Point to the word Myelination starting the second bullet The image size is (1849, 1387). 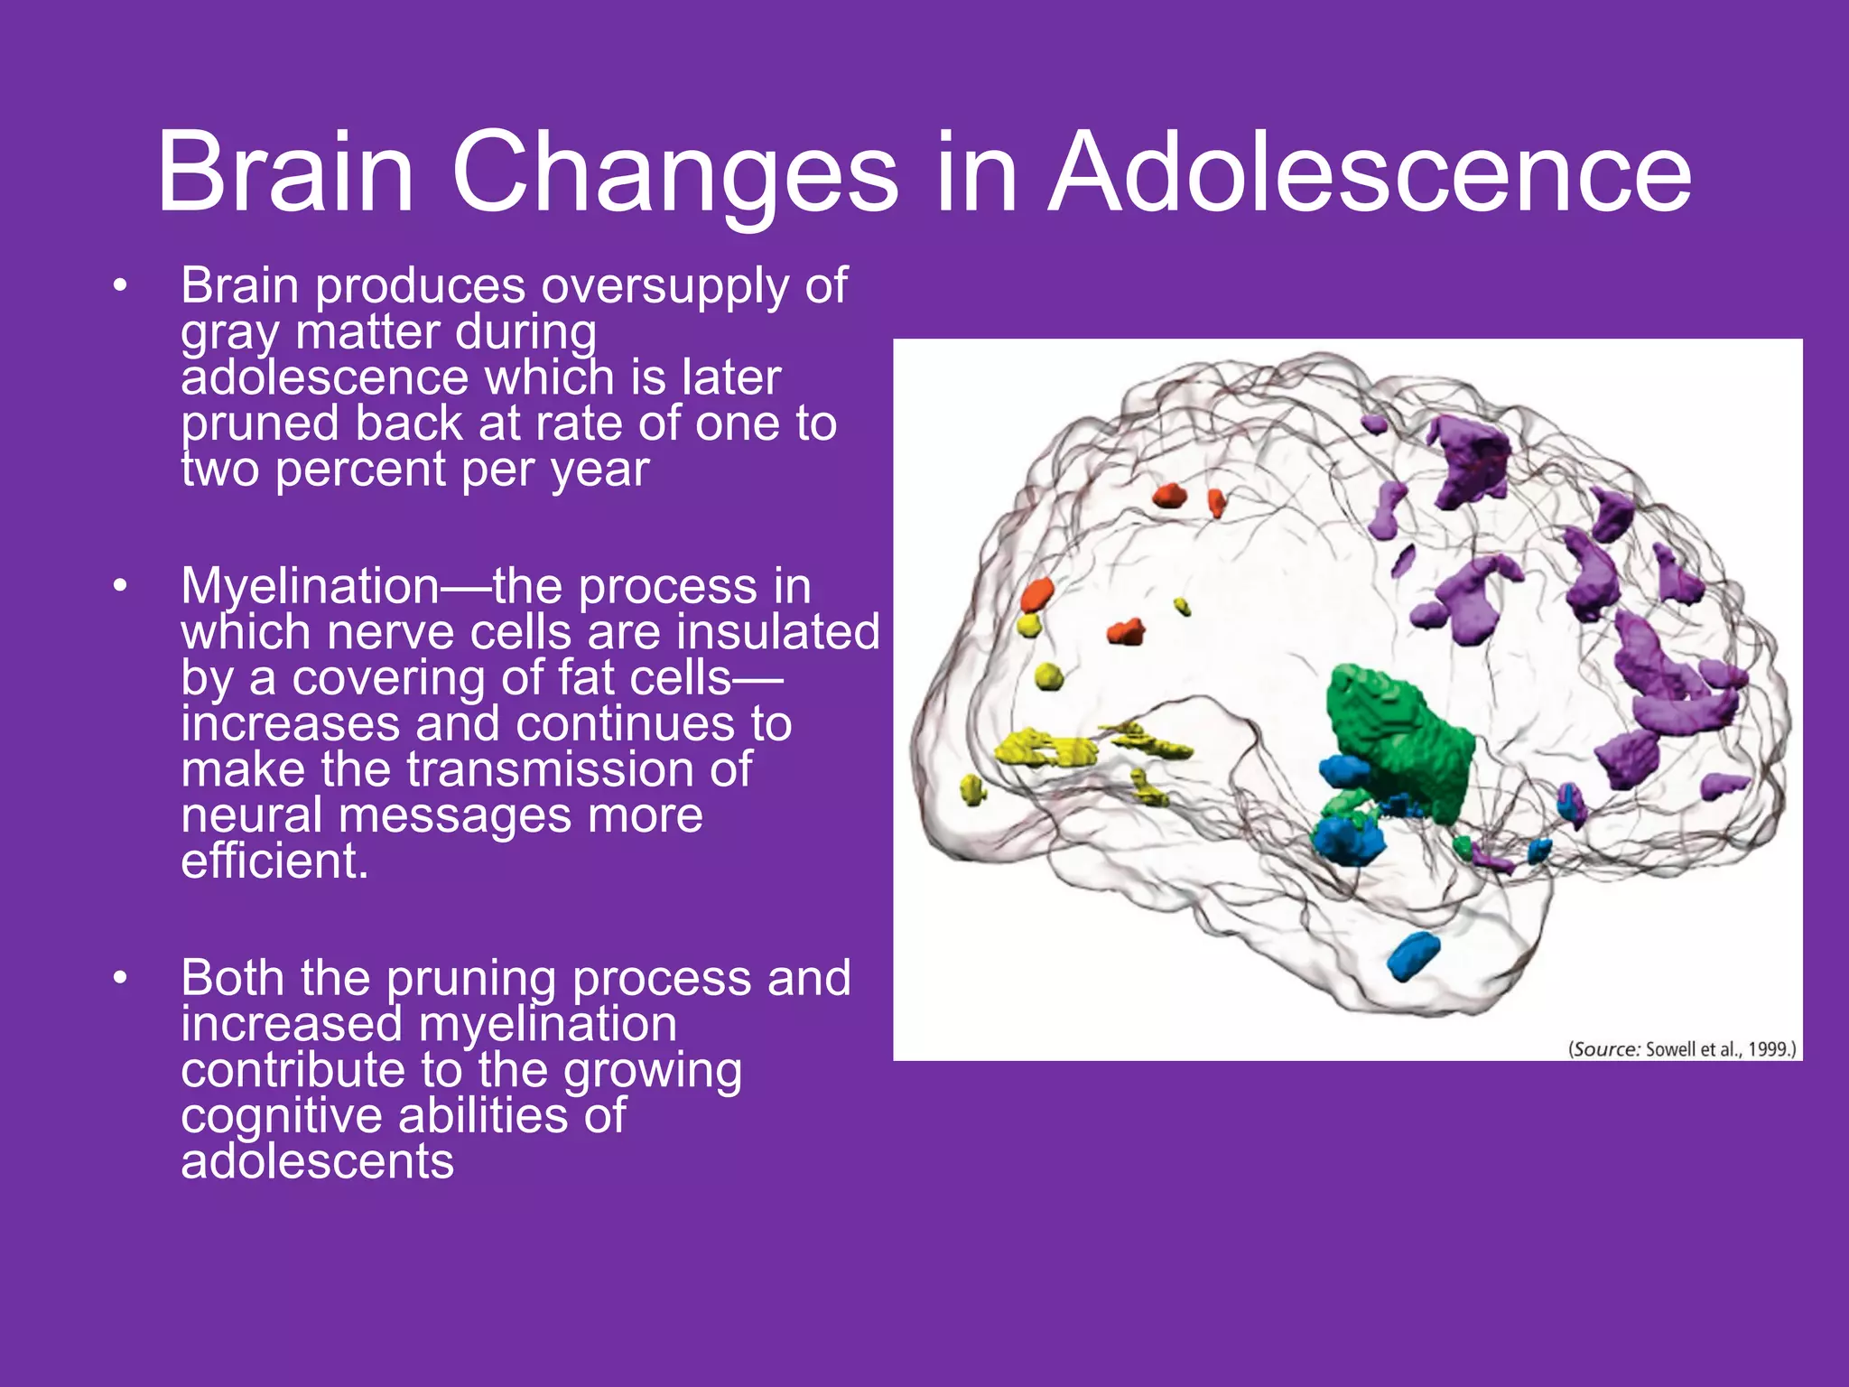(310, 587)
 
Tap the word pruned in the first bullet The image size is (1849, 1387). (261, 424)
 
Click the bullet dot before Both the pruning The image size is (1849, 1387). (120, 979)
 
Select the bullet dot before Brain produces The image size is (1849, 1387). (120, 287)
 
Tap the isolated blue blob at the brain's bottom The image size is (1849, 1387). (1412, 955)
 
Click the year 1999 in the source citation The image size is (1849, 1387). (1768, 1049)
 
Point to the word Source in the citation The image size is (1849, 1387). (1605, 1049)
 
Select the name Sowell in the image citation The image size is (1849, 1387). (1669, 1049)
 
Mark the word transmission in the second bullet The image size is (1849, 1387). (578, 769)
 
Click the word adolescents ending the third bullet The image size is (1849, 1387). (317, 1161)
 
